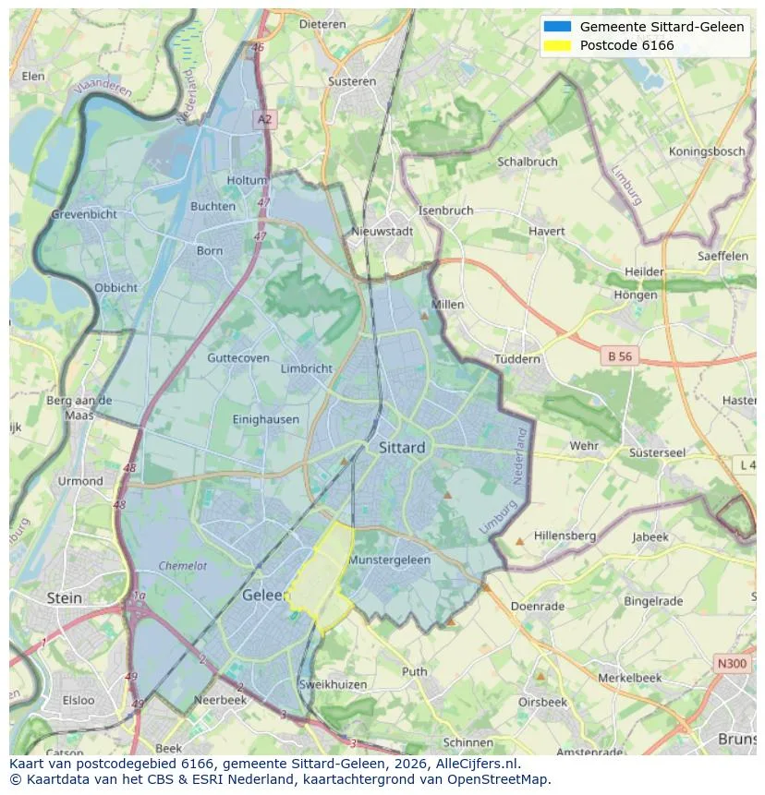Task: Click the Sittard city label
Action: (x=402, y=447)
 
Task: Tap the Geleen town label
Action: (x=265, y=596)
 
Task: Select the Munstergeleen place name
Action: (x=389, y=560)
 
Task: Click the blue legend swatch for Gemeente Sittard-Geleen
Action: (x=558, y=27)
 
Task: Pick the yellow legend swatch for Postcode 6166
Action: (x=558, y=45)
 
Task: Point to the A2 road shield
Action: (x=265, y=119)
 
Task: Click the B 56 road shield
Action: (x=618, y=355)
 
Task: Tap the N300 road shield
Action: (x=732, y=663)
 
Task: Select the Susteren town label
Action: (x=352, y=81)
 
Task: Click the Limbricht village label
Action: (x=306, y=368)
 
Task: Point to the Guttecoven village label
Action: (x=238, y=358)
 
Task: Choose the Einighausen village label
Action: (x=266, y=419)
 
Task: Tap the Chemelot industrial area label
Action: (x=183, y=566)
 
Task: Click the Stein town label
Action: (x=64, y=597)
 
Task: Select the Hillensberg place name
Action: (x=565, y=536)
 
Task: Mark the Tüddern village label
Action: (x=516, y=359)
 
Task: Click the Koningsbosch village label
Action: (x=707, y=151)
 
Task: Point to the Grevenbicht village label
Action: (x=84, y=214)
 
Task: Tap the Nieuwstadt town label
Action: (x=382, y=232)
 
